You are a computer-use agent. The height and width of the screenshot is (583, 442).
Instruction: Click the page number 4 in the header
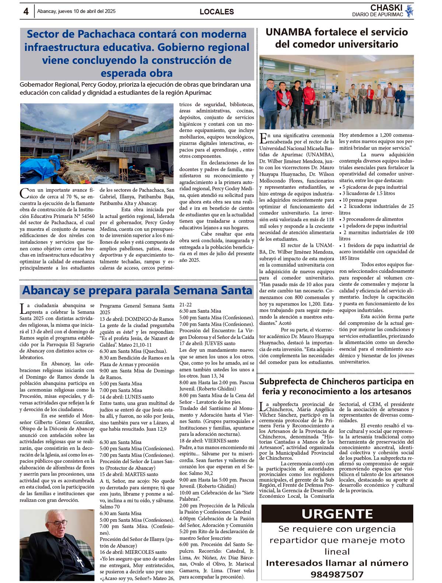click(x=26, y=11)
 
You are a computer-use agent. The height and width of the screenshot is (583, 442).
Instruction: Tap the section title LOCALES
click(x=217, y=12)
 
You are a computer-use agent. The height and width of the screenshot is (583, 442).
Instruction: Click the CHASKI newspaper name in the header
click(x=386, y=8)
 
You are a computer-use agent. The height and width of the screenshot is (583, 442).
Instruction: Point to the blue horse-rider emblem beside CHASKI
click(x=409, y=11)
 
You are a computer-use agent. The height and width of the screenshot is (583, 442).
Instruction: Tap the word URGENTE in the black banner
click(x=337, y=514)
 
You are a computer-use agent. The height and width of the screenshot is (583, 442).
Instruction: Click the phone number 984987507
click(x=337, y=574)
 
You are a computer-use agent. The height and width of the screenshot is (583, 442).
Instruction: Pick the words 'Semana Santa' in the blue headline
click(x=213, y=291)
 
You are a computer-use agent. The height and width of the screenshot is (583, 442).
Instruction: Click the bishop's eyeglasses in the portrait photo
click(x=57, y=523)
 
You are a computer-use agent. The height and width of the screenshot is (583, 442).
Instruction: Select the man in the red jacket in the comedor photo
click(x=284, y=100)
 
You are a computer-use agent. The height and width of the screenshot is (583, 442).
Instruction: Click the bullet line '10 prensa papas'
click(x=354, y=200)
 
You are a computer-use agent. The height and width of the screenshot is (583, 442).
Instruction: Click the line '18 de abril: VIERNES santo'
click(x=209, y=441)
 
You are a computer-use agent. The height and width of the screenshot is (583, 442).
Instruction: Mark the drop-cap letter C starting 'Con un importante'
click(x=24, y=193)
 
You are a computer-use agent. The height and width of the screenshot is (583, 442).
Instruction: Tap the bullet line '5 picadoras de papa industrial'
click(x=375, y=187)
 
